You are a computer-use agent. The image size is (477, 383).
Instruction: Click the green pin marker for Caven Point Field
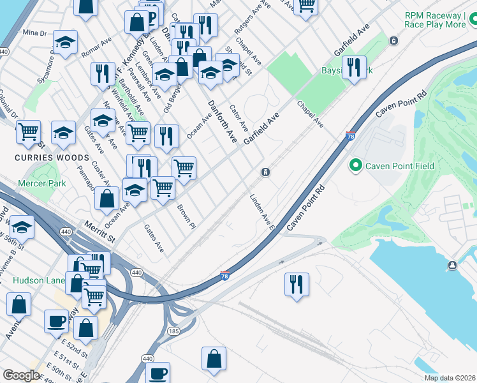click(355, 166)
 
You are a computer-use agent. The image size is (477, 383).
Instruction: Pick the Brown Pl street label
click(186, 216)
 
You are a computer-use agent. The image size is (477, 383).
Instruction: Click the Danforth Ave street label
click(223, 121)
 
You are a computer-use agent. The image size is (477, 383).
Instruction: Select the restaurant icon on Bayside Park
click(353, 68)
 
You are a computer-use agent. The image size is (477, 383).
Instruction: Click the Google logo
click(21, 375)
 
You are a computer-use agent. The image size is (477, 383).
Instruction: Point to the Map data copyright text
click(450, 378)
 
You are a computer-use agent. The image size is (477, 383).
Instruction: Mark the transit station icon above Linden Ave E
click(265, 172)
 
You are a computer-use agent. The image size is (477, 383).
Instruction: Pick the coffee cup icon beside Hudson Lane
click(56, 321)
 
